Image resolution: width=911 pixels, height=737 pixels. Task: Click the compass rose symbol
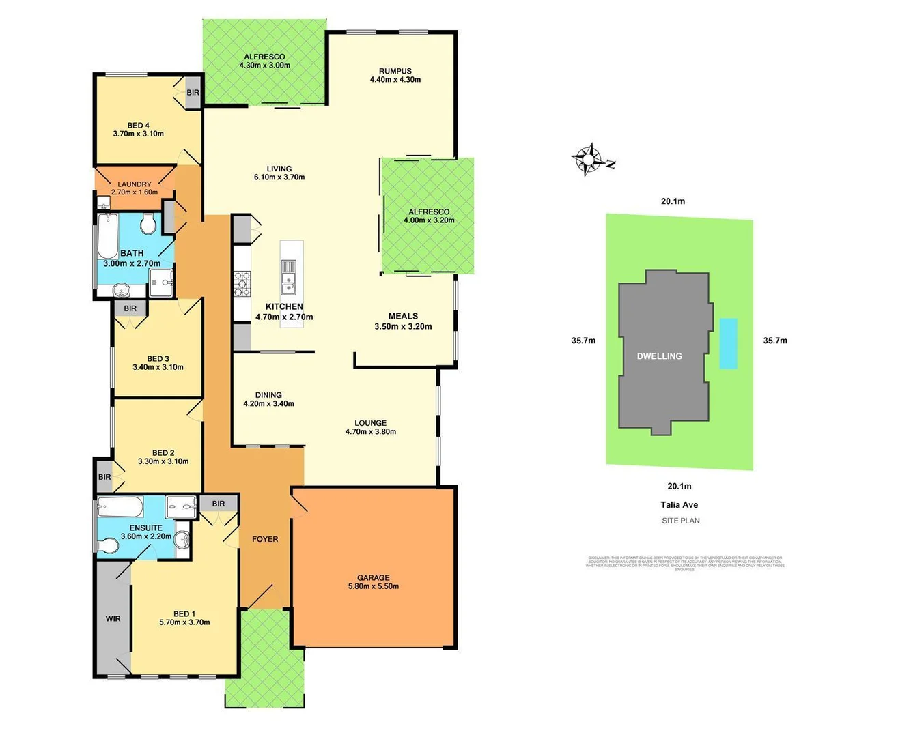coord(587,160)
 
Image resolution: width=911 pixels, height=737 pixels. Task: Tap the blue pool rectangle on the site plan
coord(729,343)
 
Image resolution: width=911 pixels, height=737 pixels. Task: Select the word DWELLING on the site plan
coord(659,356)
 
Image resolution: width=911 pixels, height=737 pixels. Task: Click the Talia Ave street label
coord(679,505)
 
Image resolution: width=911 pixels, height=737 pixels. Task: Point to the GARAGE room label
coord(374,577)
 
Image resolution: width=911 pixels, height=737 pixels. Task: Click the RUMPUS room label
coord(395,71)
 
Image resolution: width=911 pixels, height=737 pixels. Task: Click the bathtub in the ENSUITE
coord(120,508)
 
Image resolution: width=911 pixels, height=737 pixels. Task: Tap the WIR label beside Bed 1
coord(113,619)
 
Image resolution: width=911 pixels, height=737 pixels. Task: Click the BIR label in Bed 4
coord(193,93)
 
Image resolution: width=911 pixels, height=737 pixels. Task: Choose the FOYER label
coord(265,539)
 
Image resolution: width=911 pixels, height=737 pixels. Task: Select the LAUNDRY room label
coord(135,184)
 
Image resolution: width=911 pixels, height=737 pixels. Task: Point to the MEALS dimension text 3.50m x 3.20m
coord(403,326)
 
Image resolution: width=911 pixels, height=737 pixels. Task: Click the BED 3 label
coord(158,358)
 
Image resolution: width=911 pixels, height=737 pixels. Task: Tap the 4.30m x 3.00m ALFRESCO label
coord(264,66)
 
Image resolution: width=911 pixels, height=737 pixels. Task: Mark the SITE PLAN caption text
coord(680,521)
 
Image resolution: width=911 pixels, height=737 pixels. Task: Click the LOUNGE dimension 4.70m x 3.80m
coord(370,431)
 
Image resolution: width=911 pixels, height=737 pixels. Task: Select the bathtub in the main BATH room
coord(108,236)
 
